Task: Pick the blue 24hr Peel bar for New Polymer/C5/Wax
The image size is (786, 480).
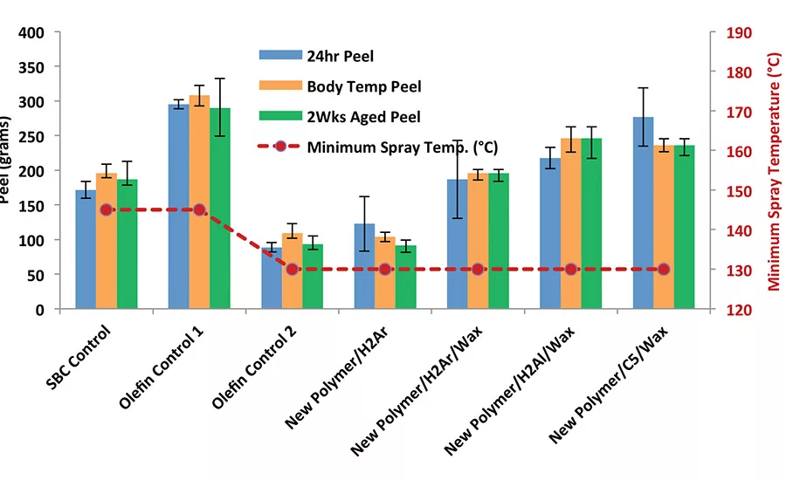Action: [x=643, y=213]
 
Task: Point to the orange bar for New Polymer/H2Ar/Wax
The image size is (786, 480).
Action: [x=478, y=241]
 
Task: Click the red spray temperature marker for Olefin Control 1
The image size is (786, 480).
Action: [x=199, y=210]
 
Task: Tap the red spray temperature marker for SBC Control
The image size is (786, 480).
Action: [x=107, y=210]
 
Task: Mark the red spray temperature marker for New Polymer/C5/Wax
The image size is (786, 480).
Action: [x=664, y=270]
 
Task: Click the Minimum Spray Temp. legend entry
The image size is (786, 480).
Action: [x=402, y=147]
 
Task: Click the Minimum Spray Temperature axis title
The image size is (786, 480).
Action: [x=773, y=171]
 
